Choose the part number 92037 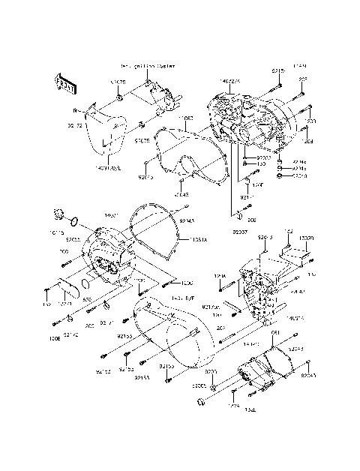click(238, 232)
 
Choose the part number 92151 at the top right click(277, 70)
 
